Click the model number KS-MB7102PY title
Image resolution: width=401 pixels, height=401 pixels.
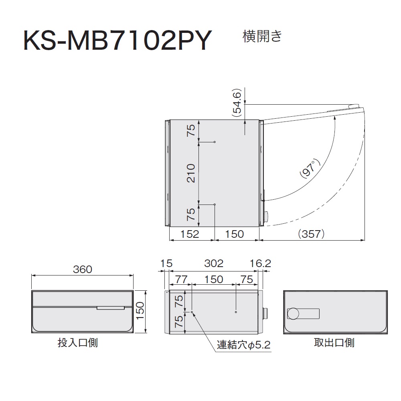pos(117,41)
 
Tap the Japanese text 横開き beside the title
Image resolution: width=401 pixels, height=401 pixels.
pos(262,36)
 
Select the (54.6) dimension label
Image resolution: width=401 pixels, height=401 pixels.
pos(237,103)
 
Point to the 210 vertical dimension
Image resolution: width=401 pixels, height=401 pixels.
pos(191,173)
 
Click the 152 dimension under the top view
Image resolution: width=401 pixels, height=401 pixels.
pos(190,234)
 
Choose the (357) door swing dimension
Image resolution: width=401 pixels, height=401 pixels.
pos(311,234)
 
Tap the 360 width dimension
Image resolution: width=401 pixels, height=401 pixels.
pos(82,269)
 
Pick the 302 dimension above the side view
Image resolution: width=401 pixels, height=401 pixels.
pos(214,263)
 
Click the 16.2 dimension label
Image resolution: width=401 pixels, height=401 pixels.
pos(260,263)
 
